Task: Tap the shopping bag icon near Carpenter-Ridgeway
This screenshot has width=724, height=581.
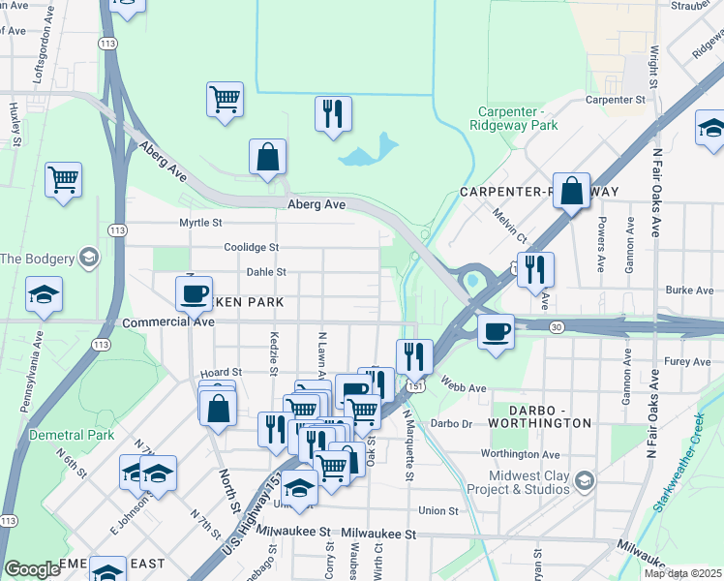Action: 572,191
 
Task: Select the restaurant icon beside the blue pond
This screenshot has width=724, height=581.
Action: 333,114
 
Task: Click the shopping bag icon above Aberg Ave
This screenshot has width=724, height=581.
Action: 267,157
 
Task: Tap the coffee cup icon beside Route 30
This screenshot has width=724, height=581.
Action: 497,331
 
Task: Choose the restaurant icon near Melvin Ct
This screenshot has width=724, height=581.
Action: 535,269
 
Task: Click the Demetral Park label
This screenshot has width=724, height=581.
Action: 72,435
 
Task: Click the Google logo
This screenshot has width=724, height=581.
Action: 33,569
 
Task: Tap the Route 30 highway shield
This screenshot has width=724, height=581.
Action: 556,328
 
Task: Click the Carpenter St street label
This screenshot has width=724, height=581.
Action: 615,100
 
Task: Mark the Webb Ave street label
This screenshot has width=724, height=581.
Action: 463,387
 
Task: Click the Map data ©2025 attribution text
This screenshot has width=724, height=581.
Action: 681,573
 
